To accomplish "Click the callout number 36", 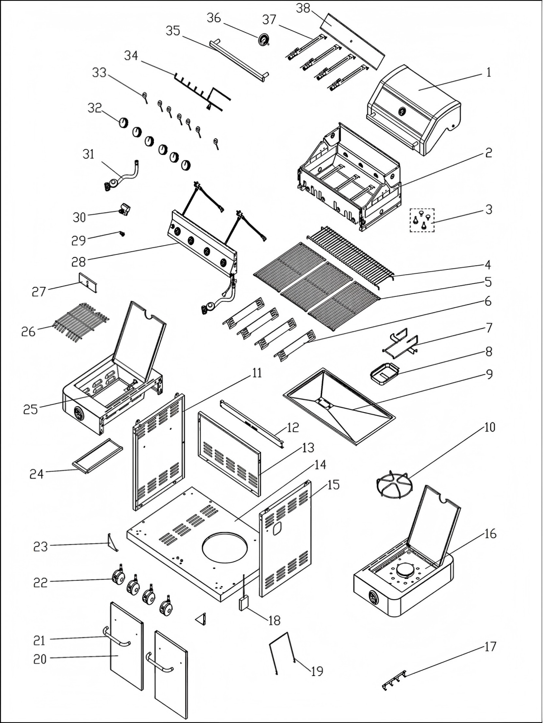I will [214, 18].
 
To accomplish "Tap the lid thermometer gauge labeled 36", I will [263, 40].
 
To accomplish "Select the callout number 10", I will [490, 427].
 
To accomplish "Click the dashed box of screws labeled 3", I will [422, 220].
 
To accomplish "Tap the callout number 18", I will [274, 620].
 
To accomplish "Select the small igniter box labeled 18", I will [244, 603].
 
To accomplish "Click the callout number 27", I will [39, 291].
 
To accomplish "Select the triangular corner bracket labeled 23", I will [112, 542].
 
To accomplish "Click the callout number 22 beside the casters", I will [40, 582].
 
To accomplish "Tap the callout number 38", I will [303, 8].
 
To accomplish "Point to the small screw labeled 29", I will [122, 234].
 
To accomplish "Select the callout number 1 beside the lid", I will [488, 72].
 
